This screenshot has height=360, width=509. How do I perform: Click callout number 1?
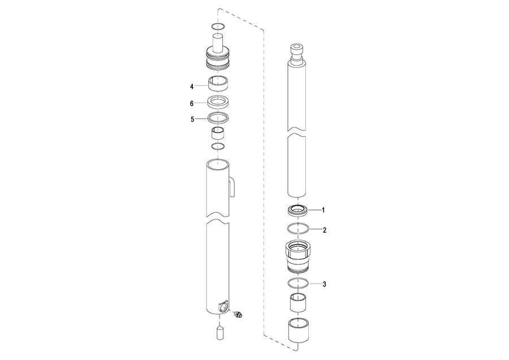(x=323, y=210)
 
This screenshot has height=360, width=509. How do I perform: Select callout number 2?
(x=324, y=230)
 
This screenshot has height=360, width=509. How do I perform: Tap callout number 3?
(x=324, y=284)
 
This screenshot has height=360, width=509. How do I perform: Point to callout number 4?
(x=192, y=87)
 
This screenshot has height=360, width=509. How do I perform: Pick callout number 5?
(x=192, y=119)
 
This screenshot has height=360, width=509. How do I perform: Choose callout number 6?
(x=192, y=104)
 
